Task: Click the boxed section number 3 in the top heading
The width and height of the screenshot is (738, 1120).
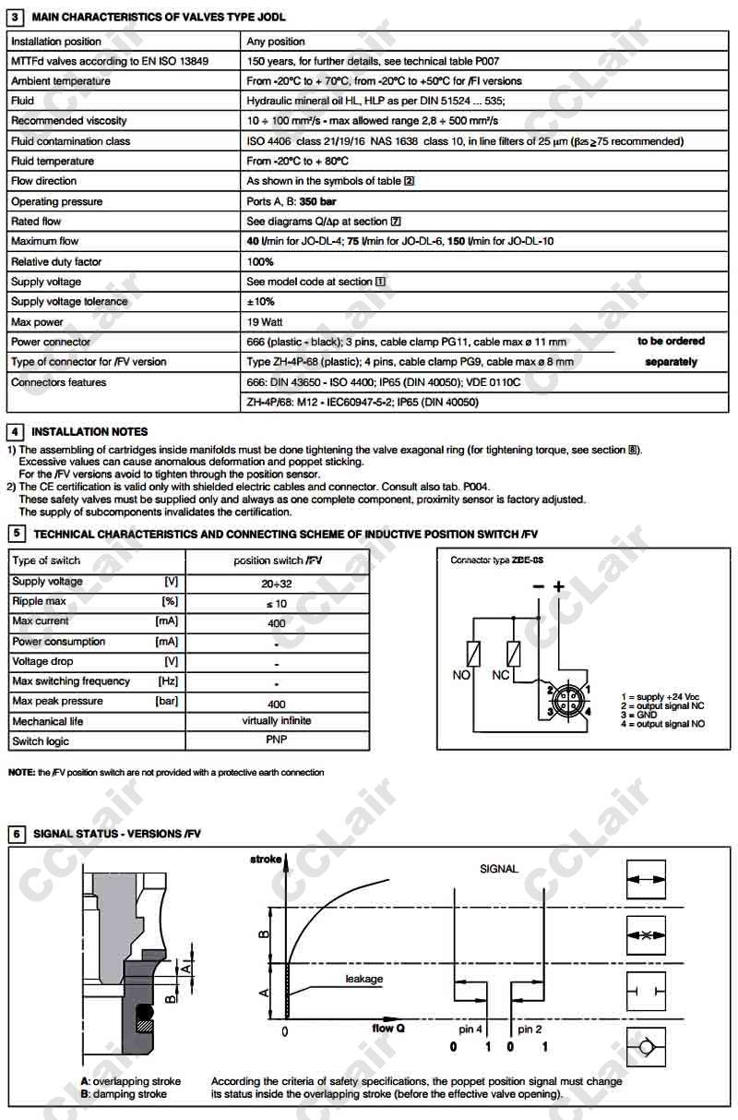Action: (16, 17)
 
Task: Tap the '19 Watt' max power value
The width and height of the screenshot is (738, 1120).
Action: (267, 322)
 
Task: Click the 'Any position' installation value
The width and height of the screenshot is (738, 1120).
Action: (276, 42)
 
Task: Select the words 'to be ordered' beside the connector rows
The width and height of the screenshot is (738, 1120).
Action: (671, 341)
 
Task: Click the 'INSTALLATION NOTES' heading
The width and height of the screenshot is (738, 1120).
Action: (89, 431)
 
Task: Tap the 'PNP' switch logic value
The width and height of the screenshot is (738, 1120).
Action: (277, 741)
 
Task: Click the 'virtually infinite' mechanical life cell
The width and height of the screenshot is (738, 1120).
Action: (277, 720)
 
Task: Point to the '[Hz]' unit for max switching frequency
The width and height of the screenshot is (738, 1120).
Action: (168, 681)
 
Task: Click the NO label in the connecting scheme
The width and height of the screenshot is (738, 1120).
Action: (462, 675)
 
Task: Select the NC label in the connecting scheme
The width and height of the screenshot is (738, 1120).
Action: (501, 675)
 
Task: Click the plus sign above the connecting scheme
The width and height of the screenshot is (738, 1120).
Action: (557, 586)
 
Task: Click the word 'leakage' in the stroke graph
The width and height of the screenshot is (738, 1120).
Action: (363, 979)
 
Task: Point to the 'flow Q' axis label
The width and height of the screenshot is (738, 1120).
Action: (388, 1029)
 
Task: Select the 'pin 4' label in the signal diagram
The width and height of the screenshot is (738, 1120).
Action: (470, 1029)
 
